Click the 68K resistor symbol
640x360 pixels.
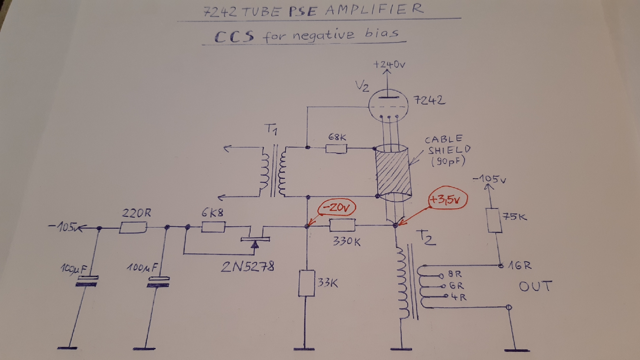coord(336,148)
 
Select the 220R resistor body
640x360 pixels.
coord(133,228)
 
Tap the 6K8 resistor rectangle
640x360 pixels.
coord(213,227)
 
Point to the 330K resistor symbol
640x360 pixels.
coord(342,225)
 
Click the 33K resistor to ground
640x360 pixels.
coord(306,283)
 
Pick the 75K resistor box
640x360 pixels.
coord(494,221)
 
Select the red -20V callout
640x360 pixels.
coord(337,208)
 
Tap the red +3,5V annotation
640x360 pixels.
coord(447,199)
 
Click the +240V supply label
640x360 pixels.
coord(389,64)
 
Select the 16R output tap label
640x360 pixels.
coord(519,265)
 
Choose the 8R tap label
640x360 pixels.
coord(455,274)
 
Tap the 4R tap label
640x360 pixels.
coord(459,297)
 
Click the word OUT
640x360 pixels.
coord(535,286)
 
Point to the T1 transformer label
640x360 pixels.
coord(271,129)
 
